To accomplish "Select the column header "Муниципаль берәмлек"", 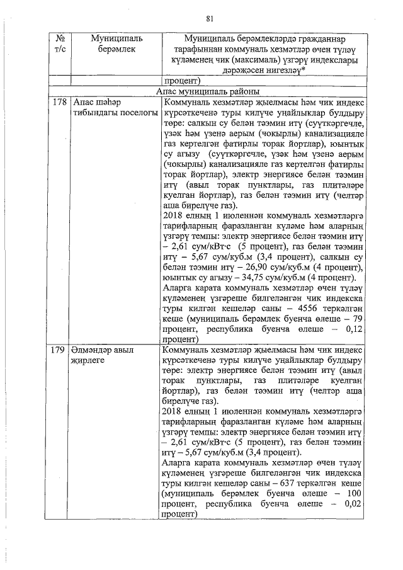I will coord(108,44).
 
